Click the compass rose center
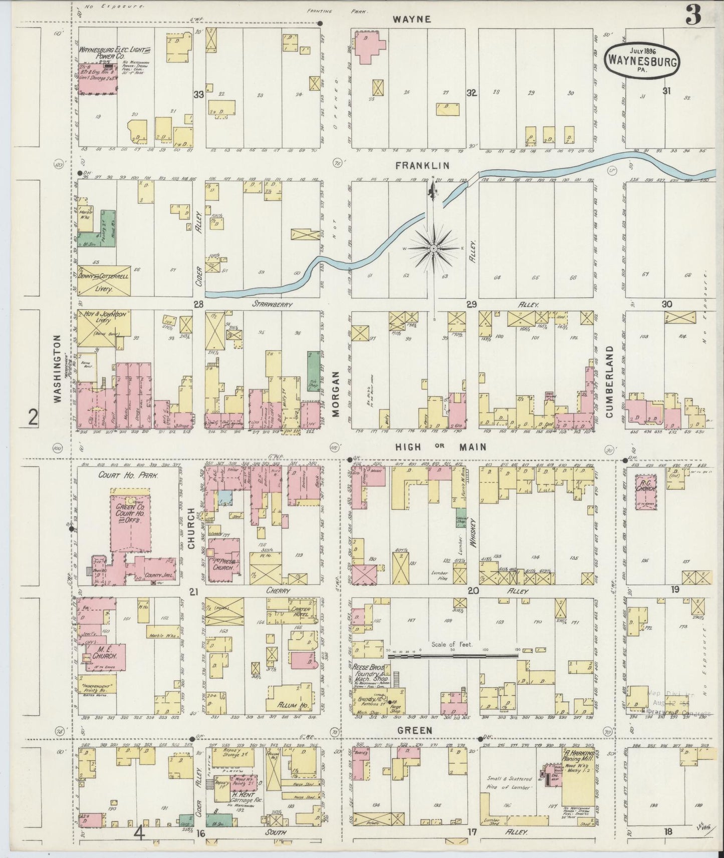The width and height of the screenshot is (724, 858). point(433,248)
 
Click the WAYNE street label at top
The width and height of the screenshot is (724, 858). point(412,19)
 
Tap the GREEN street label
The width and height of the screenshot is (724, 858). point(415,730)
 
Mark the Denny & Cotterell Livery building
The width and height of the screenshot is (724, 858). point(104,281)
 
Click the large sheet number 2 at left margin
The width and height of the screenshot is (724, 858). point(33,417)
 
